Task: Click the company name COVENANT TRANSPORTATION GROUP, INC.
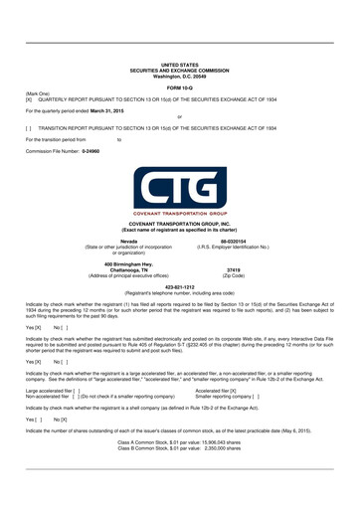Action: click(x=179, y=225)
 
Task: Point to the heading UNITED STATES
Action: click(x=179, y=64)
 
